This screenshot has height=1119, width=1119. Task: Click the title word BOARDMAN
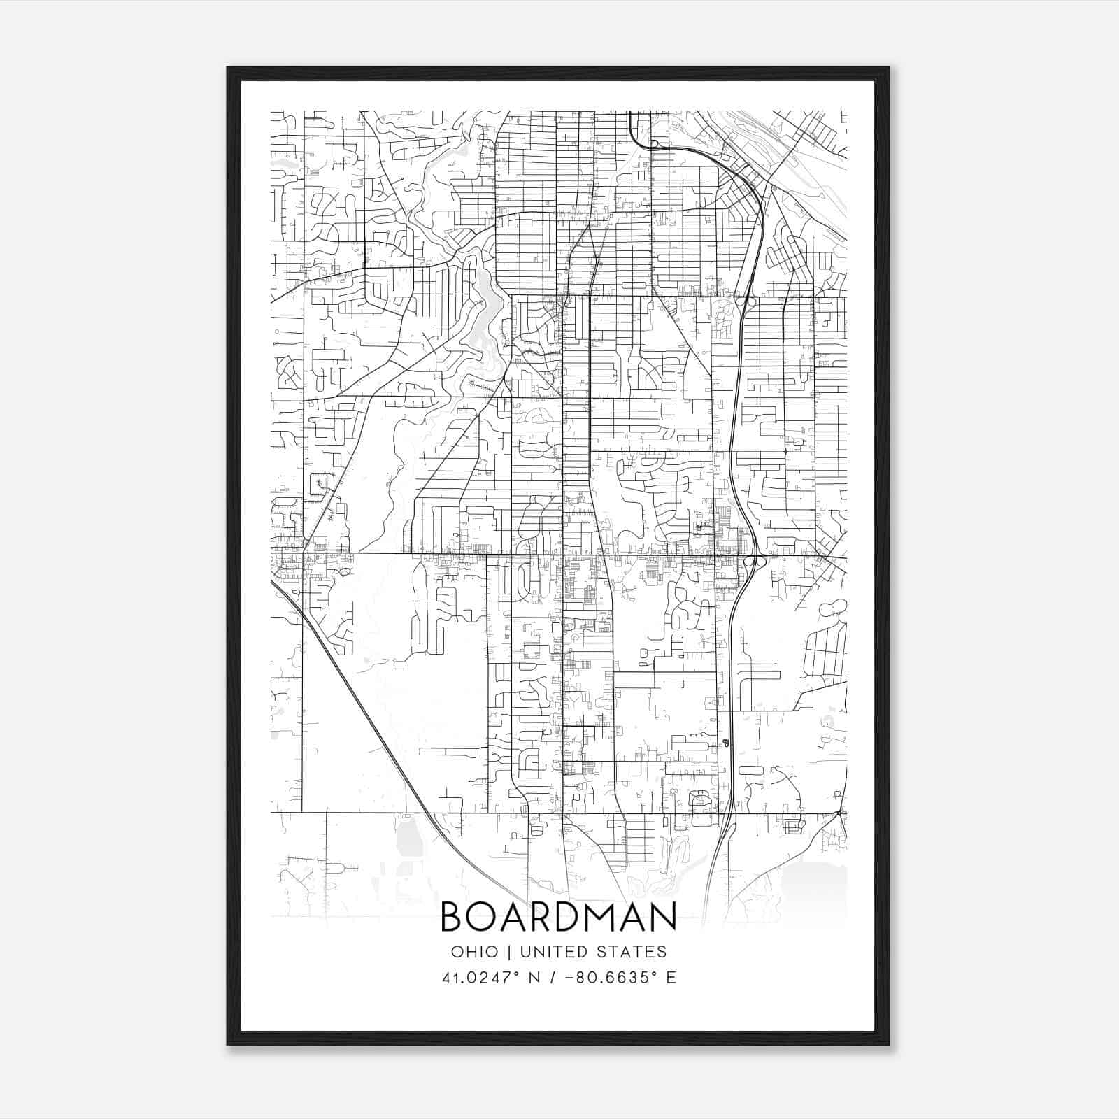[558, 917]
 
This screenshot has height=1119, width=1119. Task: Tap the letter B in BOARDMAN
[453, 917]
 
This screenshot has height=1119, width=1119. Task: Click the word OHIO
[475, 952]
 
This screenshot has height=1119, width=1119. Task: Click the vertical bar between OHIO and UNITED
[509, 952]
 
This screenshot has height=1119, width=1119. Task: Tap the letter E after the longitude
[671, 977]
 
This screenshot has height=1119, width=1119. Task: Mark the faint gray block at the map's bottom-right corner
[811, 885]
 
